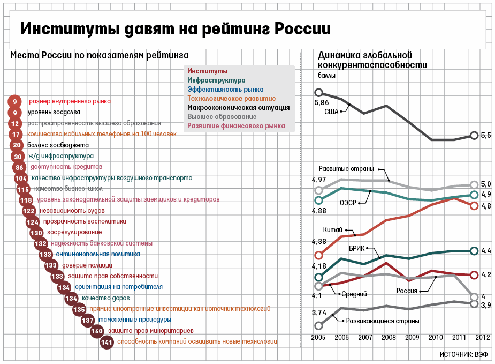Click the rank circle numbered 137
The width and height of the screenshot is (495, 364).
88,320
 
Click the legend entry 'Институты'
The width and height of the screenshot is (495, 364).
208,71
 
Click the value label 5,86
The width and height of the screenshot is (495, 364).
321,102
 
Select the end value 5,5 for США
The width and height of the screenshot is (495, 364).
486,136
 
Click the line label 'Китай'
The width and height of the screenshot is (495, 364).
333,229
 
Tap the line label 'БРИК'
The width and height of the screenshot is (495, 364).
357,248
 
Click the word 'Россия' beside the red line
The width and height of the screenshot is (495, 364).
407,292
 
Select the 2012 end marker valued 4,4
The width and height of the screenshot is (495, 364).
474,250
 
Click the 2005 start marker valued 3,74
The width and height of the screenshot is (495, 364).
319,325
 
